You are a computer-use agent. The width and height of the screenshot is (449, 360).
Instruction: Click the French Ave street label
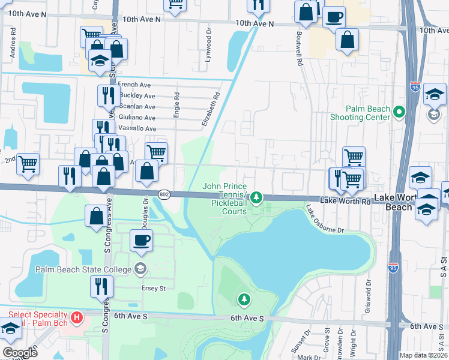click(134, 85)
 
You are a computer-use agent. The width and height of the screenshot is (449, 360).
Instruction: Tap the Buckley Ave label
click(137, 96)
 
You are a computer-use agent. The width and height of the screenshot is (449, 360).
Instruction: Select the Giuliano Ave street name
click(137, 118)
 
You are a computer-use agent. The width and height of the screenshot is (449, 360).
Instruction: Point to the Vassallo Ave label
click(137, 128)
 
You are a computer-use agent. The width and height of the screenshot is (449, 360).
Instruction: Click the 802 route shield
click(164, 194)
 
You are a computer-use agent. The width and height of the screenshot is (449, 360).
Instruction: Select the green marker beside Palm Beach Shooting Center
click(397, 112)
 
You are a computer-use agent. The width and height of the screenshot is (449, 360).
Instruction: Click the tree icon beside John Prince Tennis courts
click(256, 197)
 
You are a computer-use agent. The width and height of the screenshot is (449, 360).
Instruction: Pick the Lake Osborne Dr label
click(324, 219)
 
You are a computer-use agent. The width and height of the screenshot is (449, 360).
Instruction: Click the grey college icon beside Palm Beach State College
click(140, 269)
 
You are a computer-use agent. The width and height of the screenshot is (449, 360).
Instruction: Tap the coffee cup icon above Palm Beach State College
click(142, 241)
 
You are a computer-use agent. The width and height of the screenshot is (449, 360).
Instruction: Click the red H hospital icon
click(76, 317)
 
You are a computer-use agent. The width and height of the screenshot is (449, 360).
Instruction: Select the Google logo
click(20, 353)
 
